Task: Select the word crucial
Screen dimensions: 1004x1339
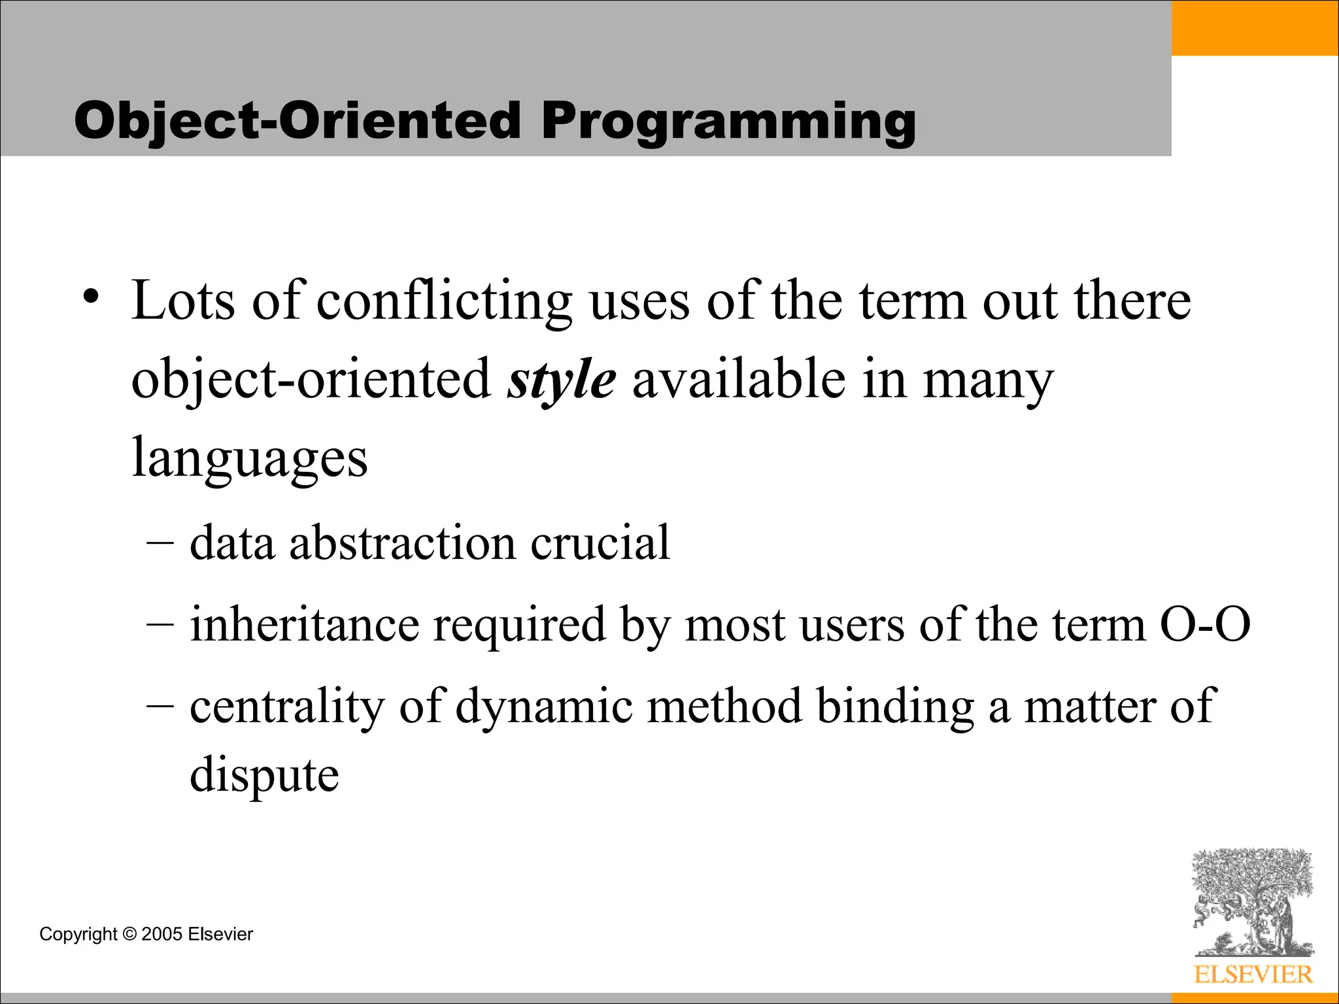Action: coord(600,543)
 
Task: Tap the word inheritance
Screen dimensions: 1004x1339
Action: coord(304,624)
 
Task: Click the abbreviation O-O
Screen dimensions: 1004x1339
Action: coord(1204,624)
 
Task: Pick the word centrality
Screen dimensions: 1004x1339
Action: coord(287,707)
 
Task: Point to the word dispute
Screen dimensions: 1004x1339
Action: coord(264,775)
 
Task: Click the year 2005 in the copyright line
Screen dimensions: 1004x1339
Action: coord(161,934)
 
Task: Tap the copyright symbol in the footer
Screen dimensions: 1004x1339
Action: coord(129,934)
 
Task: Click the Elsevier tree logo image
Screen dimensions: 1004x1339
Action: coord(1252,902)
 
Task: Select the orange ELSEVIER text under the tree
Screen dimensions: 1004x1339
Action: coord(1253,975)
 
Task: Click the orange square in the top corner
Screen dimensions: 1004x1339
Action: coord(1255,27)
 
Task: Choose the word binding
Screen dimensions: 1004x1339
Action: coord(895,707)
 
